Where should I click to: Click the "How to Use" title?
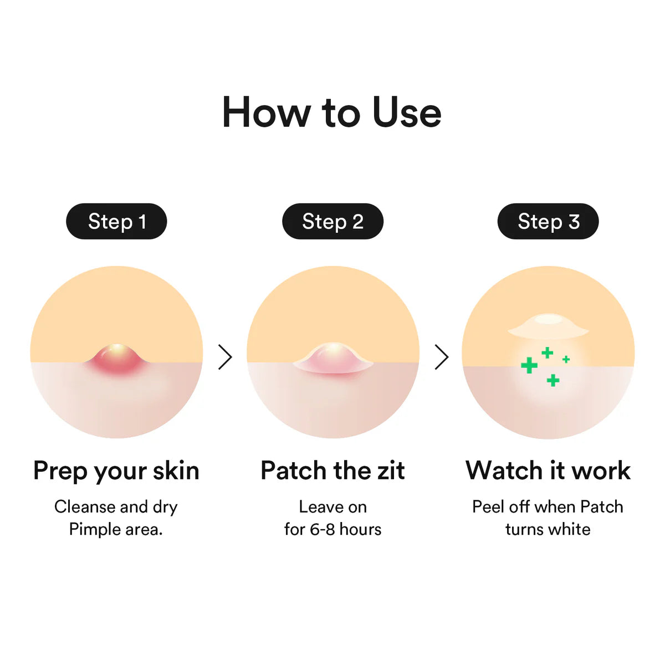point(331,112)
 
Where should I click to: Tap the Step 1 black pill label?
point(116,222)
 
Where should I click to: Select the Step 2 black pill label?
point(332,222)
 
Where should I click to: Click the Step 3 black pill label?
point(548,222)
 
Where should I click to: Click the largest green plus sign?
point(529,365)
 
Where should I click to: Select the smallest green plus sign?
point(566,360)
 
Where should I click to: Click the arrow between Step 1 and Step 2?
point(225,357)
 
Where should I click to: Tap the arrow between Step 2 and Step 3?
point(441,357)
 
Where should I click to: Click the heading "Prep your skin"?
point(116,471)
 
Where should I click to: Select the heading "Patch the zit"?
point(332,471)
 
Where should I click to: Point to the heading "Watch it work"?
point(548,471)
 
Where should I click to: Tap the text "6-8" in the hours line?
point(322,530)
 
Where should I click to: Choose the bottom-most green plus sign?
point(553,380)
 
